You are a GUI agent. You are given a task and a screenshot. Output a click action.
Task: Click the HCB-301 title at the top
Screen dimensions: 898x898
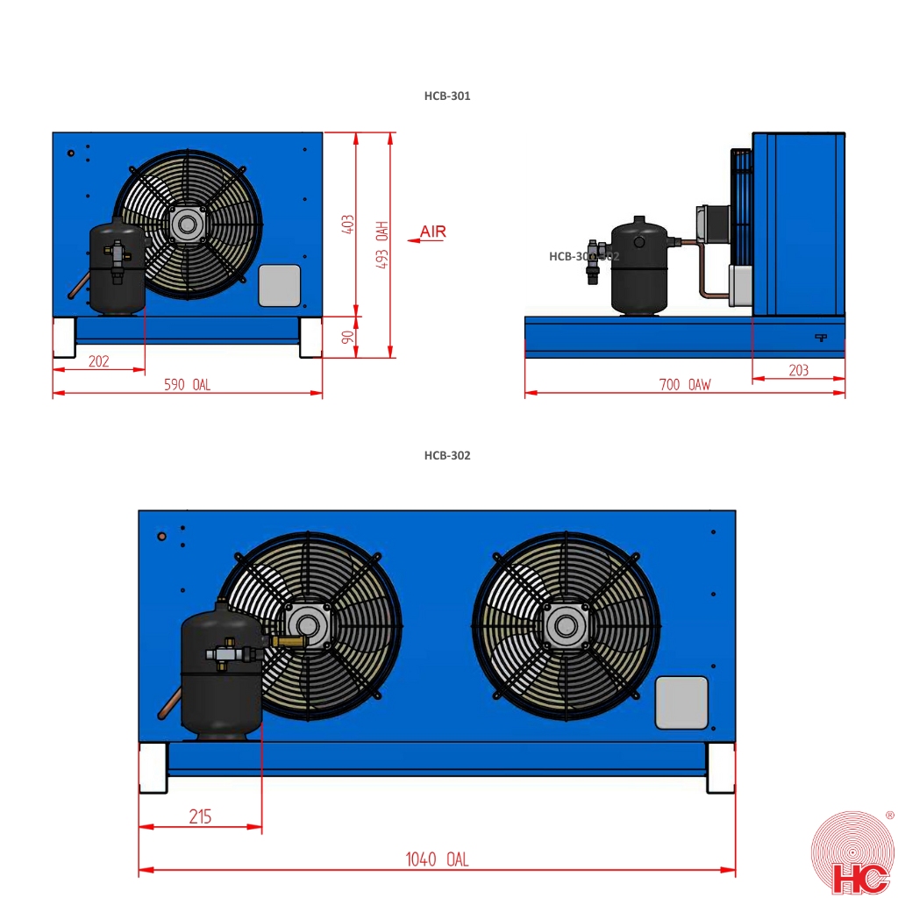pos(447,96)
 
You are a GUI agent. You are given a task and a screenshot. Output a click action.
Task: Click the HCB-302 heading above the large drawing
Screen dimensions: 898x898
pos(447,455)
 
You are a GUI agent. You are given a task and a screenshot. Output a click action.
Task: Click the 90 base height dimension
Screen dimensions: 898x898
pos(347,337)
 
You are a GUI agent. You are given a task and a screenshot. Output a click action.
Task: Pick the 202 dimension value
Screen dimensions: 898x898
pos(99,360)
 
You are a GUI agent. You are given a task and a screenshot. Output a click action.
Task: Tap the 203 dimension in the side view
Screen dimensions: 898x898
pos(798,370)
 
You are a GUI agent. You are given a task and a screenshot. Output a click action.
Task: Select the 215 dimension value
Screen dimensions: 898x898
pos(200,816)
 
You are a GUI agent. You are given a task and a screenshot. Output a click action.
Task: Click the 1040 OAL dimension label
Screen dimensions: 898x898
pos(436,860)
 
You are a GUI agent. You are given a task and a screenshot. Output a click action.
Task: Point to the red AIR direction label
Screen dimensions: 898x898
pos(432,232)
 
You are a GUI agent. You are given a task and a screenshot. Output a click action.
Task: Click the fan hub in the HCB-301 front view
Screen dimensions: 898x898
pos(186,224)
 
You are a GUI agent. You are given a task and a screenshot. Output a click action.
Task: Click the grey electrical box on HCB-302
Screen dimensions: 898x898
pos(681,702)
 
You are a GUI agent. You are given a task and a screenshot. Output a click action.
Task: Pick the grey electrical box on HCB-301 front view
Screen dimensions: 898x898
pos(280,285)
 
